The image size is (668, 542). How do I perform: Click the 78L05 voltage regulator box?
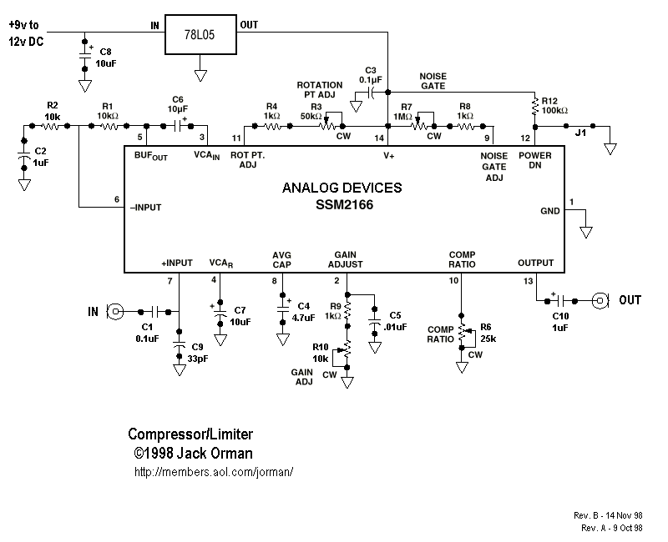point(200,34)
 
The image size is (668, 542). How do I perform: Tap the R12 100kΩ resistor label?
point(554,105)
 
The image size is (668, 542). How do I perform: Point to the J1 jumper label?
point(580,132)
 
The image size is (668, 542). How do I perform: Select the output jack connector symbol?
point(600,299)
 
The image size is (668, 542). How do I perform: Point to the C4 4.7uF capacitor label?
point(303,312)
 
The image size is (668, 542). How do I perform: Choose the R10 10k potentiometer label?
point(321,352)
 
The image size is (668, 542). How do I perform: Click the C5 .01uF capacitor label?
point(395,321)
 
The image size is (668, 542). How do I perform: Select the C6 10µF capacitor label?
point(177,103)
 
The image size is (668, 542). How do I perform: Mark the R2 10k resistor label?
point(53,110)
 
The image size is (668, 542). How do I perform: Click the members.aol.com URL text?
point(213,472)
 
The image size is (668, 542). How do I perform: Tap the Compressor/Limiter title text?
point(190,434)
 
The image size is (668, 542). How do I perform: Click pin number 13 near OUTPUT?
point(528,281)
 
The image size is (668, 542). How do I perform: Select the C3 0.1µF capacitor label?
point(372,75)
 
